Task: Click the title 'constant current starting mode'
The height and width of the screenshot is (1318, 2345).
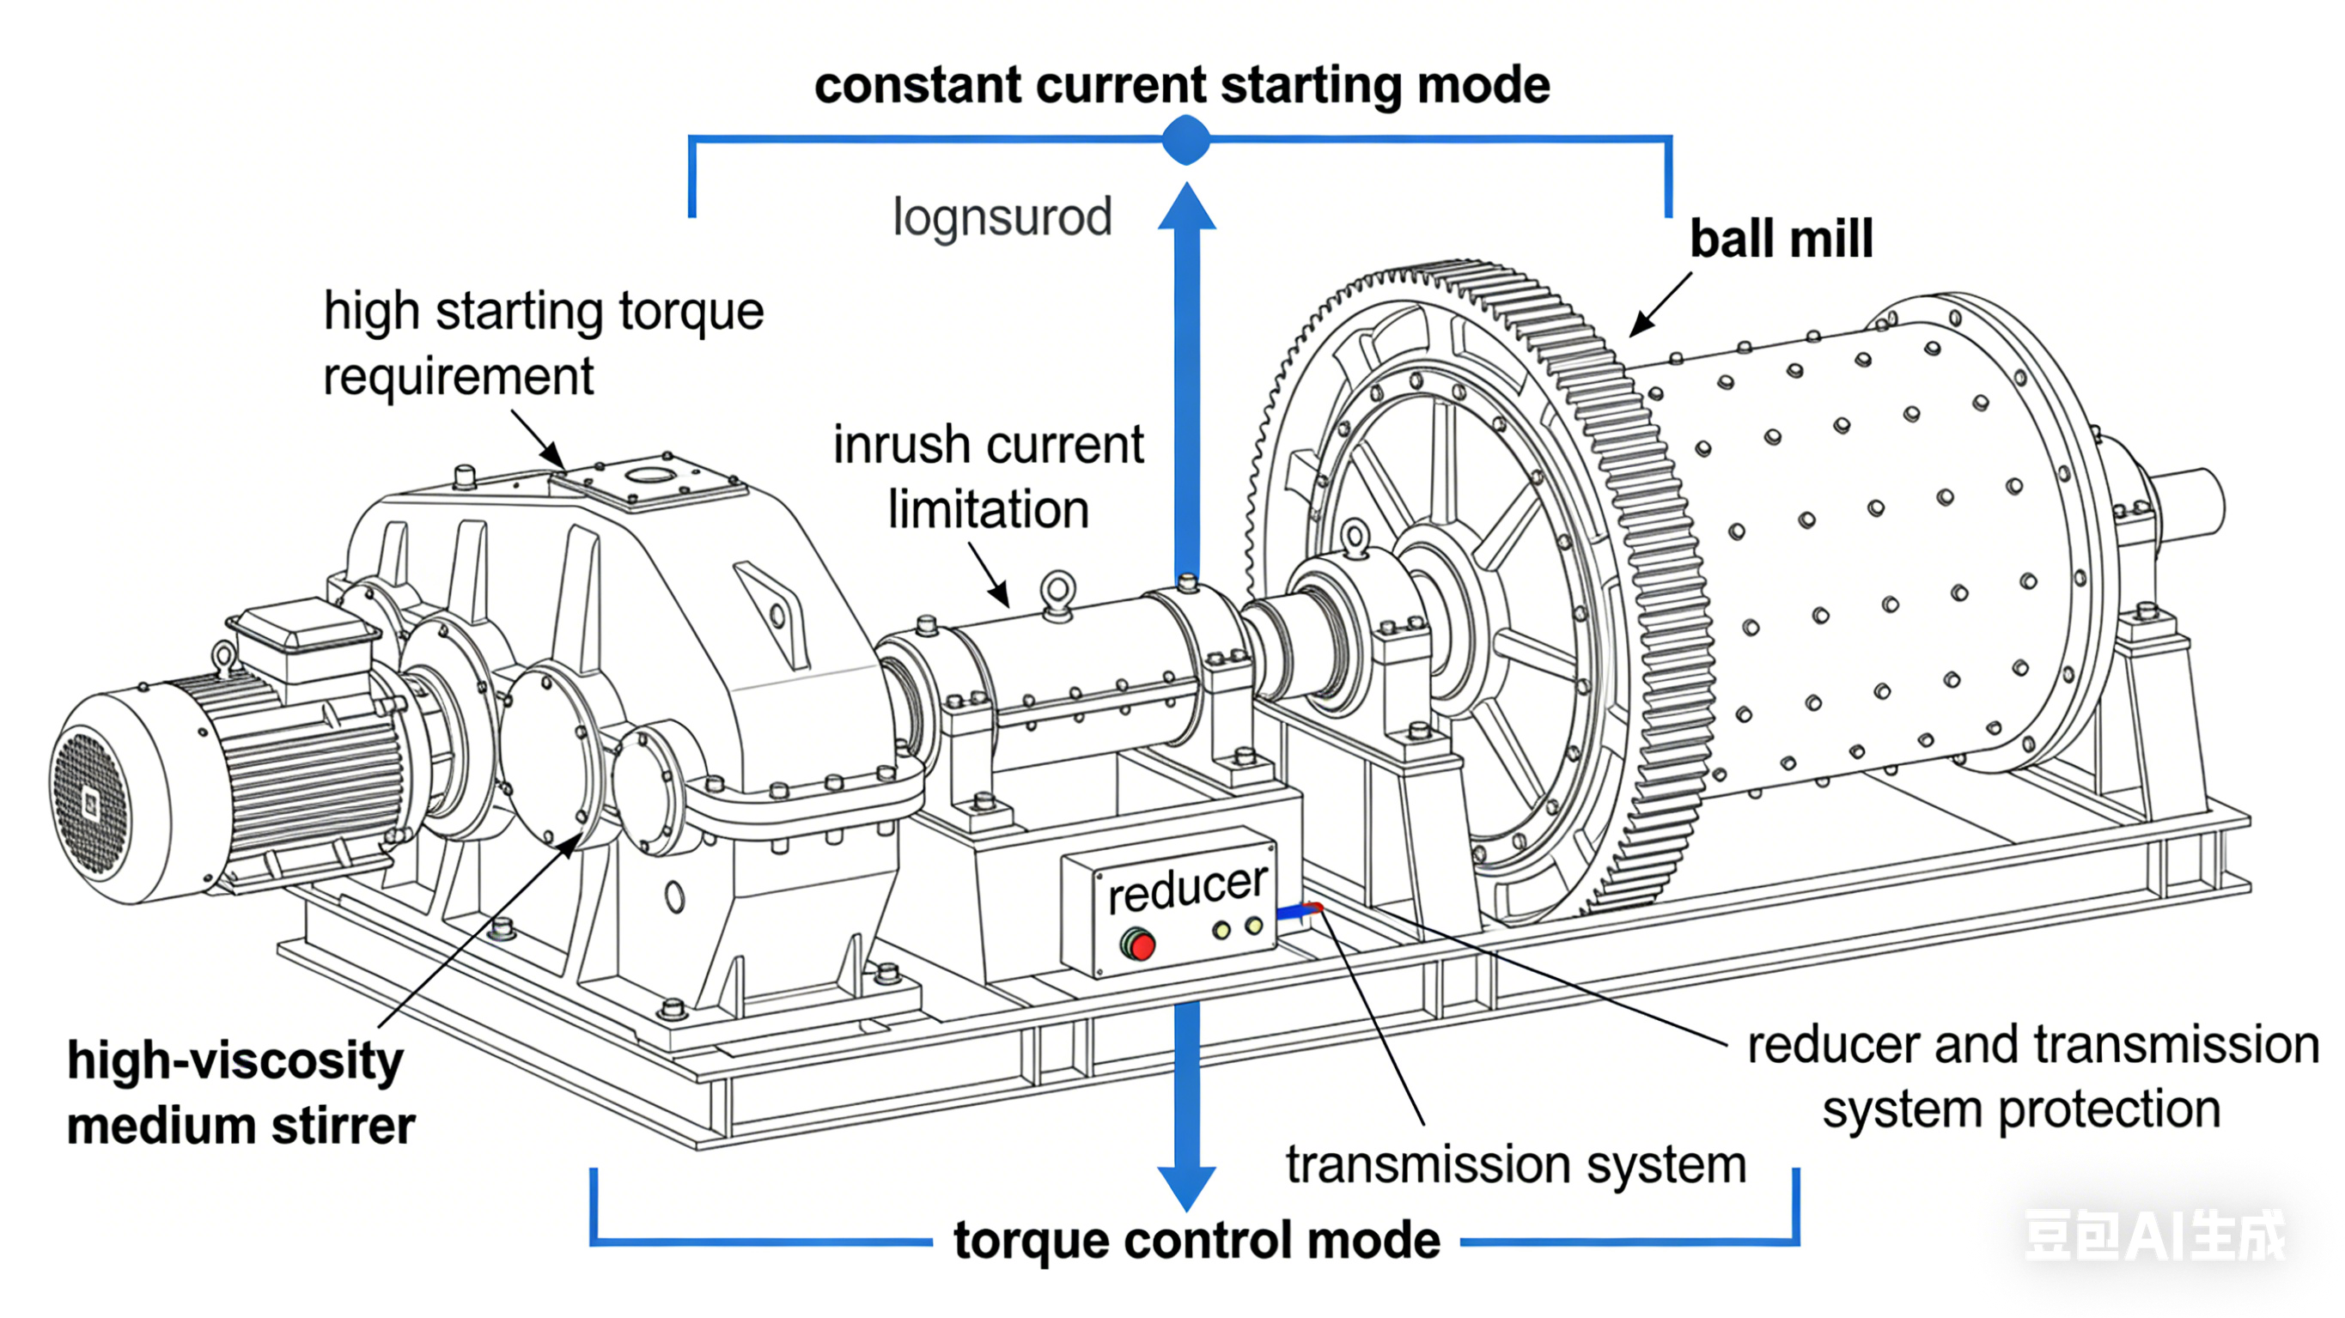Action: point(1182,86)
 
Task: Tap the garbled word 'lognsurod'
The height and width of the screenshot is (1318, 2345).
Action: point(1002,217)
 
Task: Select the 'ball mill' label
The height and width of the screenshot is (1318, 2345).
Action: point(1781,240)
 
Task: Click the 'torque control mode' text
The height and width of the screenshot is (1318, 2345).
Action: point(1197,1241)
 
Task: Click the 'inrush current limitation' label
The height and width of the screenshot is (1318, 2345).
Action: point(989,476)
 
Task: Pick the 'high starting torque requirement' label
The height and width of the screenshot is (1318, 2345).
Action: point(543,343)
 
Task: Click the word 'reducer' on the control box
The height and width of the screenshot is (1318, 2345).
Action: point(1187,889)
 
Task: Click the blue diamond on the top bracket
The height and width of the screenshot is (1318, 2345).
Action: point(1186,140)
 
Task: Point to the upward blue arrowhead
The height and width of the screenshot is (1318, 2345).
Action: point(1187,208)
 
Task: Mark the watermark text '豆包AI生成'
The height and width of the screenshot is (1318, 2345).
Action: point(2153,1236)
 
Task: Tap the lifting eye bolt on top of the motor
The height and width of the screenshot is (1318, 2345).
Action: point(224,656)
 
